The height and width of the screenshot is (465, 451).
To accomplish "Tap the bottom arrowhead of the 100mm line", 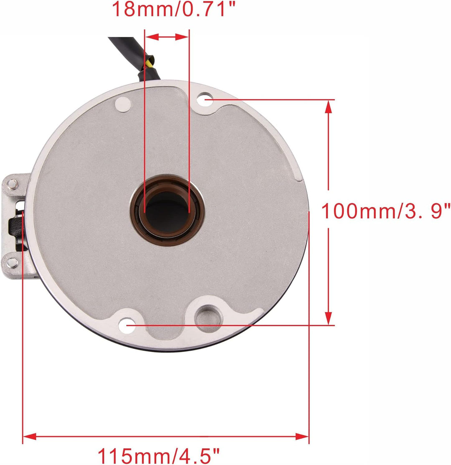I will pyautogui.click(x=329, y=318).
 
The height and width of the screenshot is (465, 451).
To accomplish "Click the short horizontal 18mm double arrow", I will pyautogui.click(x=167, y=37).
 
